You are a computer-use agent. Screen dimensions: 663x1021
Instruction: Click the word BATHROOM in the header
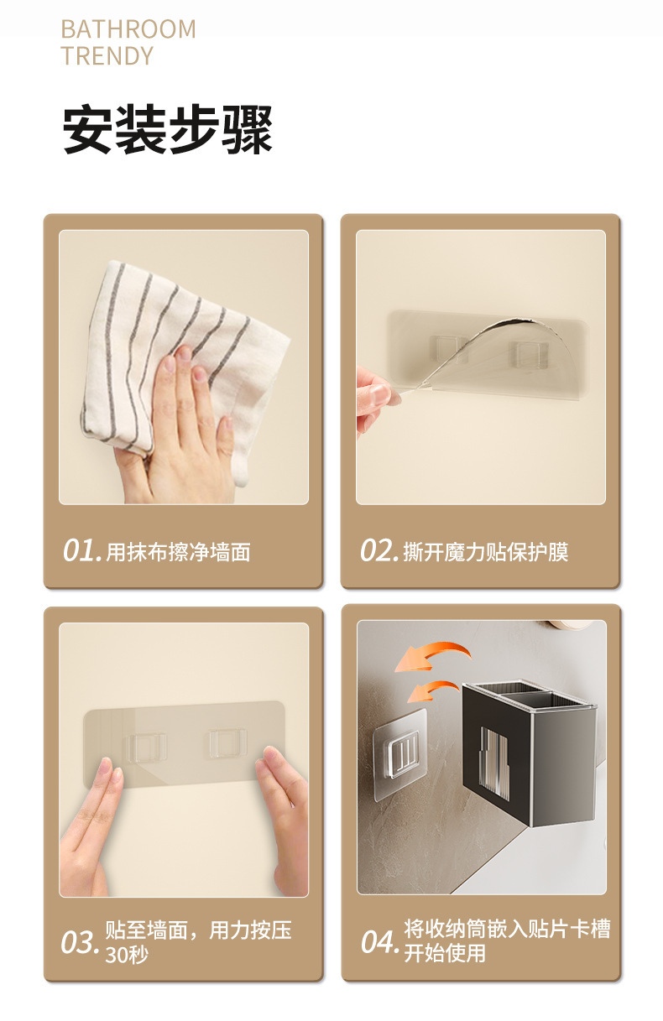(x=128, y=29)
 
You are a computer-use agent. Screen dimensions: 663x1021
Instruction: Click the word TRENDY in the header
(x=107, y=56)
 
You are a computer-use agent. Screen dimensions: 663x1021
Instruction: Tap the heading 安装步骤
(x=167, y=129)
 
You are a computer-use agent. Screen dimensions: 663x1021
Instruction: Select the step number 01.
(x=82, y=550)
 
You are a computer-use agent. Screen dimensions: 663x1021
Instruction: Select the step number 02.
(x=379, y=550)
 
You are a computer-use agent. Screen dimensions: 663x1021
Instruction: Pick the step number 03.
(x=81, y=944)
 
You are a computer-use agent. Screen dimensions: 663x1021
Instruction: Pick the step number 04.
(x=380, y=944)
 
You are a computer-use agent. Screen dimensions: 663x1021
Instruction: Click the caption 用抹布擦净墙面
(x=178, y=552)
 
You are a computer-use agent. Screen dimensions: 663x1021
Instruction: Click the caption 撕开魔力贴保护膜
(x=486, y=552)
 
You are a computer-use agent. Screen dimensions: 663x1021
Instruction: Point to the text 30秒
(x=127, y=955)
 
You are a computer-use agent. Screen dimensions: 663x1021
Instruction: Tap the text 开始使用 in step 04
(x=445, y=953)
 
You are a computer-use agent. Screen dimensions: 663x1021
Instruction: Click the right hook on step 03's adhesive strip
(x=228, y=744)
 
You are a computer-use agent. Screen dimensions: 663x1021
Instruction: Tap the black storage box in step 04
(x=529, y=752)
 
